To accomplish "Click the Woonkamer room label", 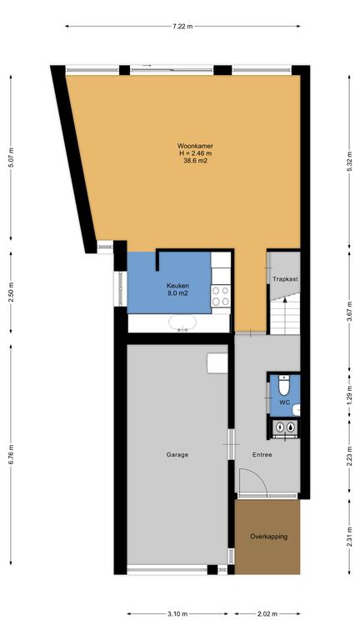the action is click(x=195, y=146).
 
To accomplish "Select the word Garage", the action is click(x=177, y=455).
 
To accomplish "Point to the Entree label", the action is click(x=262, y=455).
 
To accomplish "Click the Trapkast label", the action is click(x=285, y=280).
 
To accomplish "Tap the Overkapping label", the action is click(x=268, y=537).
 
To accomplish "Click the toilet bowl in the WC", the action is click(x=283, y=386).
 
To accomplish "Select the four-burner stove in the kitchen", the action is click(x=221, y=297).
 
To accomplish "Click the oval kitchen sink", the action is click(x=182, y=322).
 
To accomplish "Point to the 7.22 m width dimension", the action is click(x=182, y=27).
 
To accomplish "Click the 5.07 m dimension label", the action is click(x=11, y=157).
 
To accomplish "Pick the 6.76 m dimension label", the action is click(x=11, y=454).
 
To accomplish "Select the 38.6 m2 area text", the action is click(x=195, y=160).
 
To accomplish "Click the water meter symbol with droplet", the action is click(x=290, y=427).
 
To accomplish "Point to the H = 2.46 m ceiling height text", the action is click(x=195, y=153).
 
